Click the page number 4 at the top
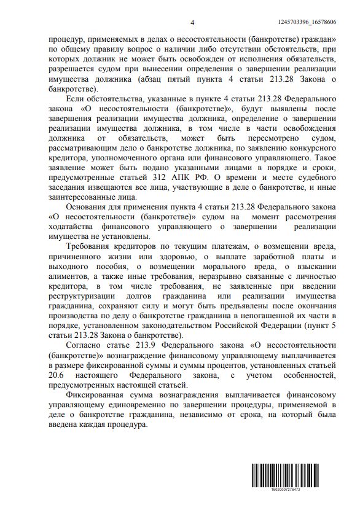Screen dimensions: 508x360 (x=192, y=23)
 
